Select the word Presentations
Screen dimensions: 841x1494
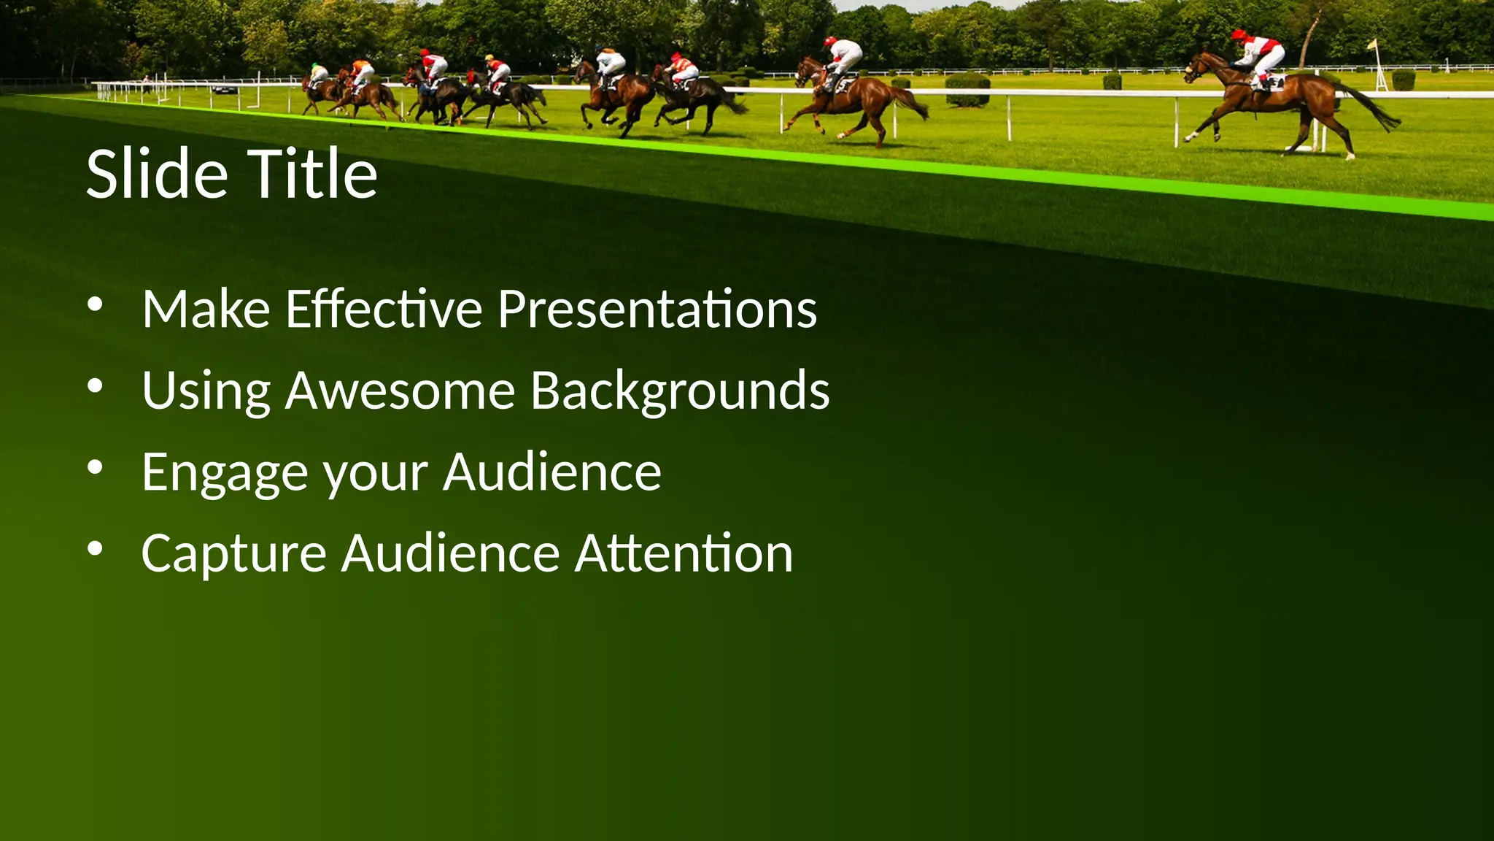click(x=657, y=310)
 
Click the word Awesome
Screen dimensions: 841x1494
click(x=400, y=391)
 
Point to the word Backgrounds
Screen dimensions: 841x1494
click(x=680, y=391)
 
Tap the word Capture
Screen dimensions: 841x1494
click(x=233, y=553)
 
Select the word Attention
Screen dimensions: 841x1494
click(x=684, y=553)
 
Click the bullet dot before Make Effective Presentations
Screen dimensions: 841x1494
click(x=95, y=307)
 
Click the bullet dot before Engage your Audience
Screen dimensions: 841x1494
click(x=95, y=469)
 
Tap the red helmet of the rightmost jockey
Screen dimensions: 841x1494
click(x=1238, y=34)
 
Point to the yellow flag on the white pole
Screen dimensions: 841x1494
click(x=1373, y=45)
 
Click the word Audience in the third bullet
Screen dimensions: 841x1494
click(x=552, y=472)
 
